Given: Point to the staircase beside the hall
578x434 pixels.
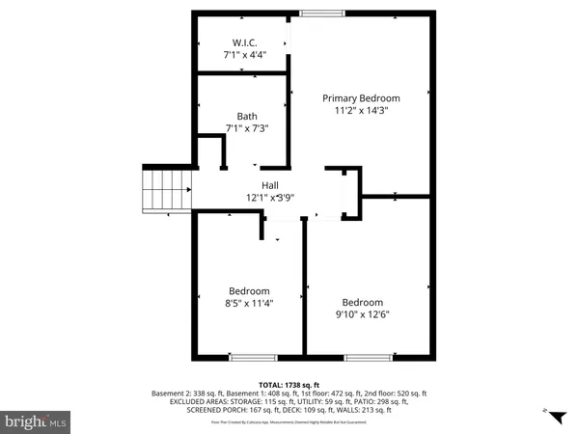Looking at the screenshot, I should [156, 189].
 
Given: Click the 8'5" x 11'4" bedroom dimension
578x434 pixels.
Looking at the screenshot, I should [249, 302].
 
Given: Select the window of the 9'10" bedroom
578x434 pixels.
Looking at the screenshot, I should [362, 358].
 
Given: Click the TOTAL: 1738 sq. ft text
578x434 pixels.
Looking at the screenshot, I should [289, 384].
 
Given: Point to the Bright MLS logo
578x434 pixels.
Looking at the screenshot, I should [36, 420].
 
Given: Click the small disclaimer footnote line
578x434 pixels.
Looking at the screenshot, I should [289, 420].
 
